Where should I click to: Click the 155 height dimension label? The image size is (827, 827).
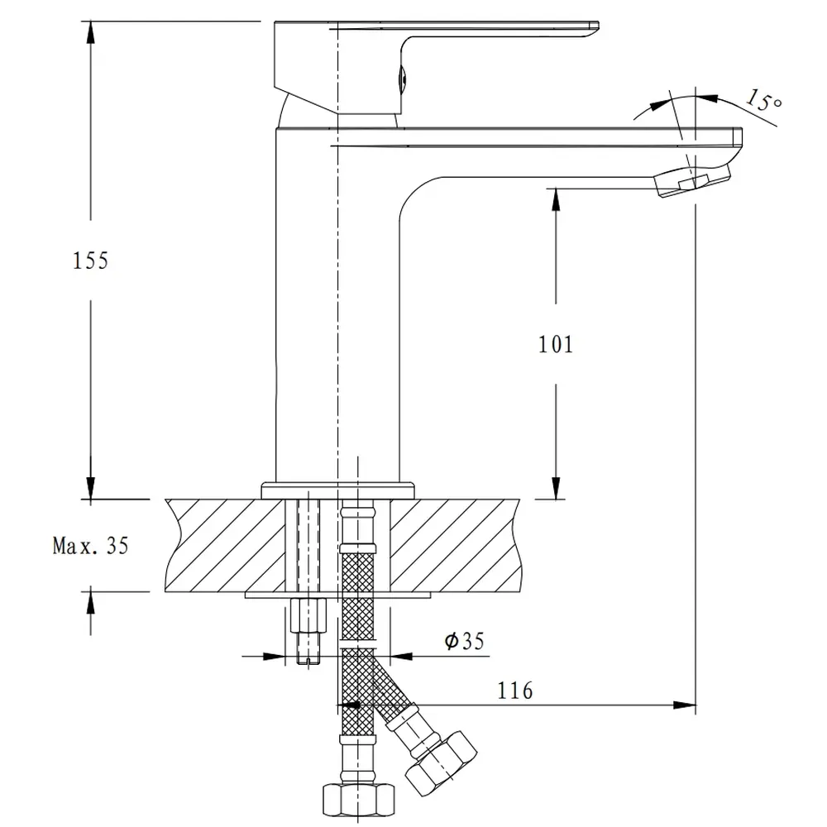90,261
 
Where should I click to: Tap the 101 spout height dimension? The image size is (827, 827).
556,344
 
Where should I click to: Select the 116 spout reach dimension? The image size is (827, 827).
515,691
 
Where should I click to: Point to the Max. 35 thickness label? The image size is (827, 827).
91,546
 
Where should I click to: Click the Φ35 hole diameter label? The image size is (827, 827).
464,641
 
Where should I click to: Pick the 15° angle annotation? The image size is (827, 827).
763,99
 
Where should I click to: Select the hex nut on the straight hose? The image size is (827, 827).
359,800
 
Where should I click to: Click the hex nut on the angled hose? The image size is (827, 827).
442,763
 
